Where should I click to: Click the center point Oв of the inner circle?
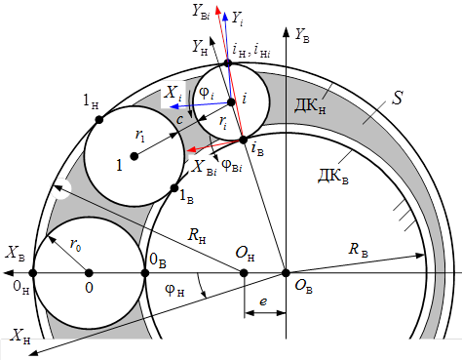pyautogui.click(x=286, y=273)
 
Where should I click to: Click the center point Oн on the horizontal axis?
pyautogui.click(x=244, y=273)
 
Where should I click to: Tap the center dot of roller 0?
pyautogui.click(x=89, y=273)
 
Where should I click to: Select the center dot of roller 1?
pyautogui.click(x=135, y=156)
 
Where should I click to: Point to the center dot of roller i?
pyautogui.click(x=231, y=102)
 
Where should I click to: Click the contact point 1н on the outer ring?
pyautogui.click(x=99, y=120)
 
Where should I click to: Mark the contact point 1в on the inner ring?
pyautogui.click(x=174, y=187)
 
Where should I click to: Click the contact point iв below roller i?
pyautogui.click(x=243, y=140)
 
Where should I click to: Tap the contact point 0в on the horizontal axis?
pyautogui.click(x=145, y=273)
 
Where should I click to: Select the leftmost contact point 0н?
pyautogui.click(x=33, y=273)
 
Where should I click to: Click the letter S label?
pyautogui.click(x=398, y=98)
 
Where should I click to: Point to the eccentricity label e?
pyautogui.click(x=263, y=302)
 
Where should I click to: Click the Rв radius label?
pyautogui.click(x=358, y=250)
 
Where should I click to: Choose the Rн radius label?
pyautogui.click(x=197, y=235)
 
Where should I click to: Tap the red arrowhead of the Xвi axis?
pyautogui.click(x=192, y=149)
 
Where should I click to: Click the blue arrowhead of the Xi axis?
pyautogui.click(x=173, y=106)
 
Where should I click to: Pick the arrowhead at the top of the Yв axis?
pyautogui.click(x=287, y=32)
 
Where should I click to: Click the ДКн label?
pyautogui.click(x=310, y=106)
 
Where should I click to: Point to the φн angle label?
pyautogui.click(x=174, y=290)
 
